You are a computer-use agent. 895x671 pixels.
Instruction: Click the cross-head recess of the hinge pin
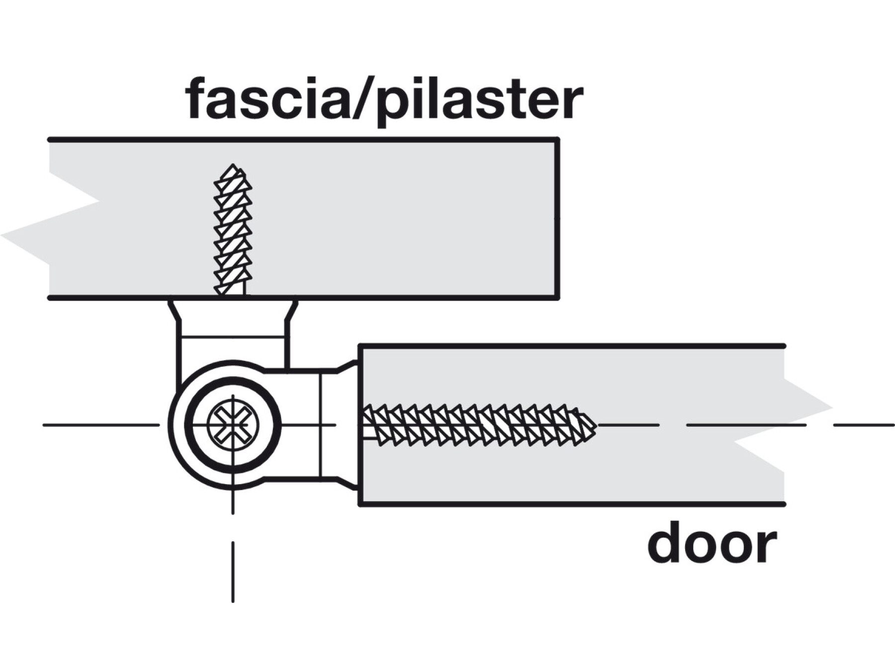tap(233, 425)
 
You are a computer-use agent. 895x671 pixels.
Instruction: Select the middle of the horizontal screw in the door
tap(480, 425)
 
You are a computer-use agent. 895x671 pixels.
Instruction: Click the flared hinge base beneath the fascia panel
tap(233, 318)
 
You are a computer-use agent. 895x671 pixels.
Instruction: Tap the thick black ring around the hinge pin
tap(189, 425)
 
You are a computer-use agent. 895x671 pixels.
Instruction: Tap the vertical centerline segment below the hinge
tap(233, 572)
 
